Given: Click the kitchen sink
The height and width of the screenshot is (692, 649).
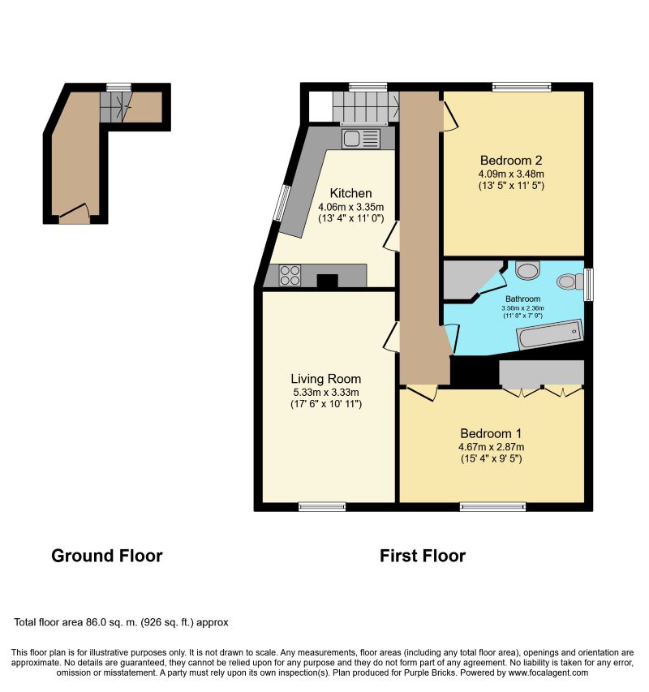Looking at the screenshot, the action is click(x=360, y=139).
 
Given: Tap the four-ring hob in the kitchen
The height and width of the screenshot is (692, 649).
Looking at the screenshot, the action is click(x=290, y=275).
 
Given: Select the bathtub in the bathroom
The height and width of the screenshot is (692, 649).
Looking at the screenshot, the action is click(x=550, y=333).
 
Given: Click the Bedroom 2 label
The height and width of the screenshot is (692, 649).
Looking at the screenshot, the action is click(x=511, y=160).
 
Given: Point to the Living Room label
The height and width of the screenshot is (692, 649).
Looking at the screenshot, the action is click(x=325, y=379).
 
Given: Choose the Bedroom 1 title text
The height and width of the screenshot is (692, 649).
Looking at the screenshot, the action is click(x=491, y=433).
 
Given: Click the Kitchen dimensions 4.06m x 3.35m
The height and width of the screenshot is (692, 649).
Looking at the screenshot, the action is click(x=350, y=207).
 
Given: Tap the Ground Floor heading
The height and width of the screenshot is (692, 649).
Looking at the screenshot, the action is click(x=107, y=556).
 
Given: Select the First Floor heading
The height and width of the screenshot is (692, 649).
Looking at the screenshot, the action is click(x=423, y=556).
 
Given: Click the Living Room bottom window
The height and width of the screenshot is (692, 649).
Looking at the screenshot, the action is click(x=322, y=507).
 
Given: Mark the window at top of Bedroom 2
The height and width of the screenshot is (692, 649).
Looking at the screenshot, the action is click(x=522, y=87).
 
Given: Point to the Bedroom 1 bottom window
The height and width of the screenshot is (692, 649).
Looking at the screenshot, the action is click(x=492, y=507).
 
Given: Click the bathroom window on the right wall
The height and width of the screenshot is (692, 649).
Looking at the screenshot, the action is click(x=588, y=285).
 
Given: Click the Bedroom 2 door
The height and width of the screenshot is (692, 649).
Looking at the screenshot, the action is click(x=450, y=117).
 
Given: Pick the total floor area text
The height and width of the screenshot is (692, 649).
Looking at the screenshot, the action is click(x=121, y=622).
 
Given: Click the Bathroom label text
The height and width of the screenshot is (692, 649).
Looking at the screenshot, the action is click(x=522, y=299).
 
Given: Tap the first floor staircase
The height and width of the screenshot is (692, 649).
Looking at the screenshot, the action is click(x=366, y=106).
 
